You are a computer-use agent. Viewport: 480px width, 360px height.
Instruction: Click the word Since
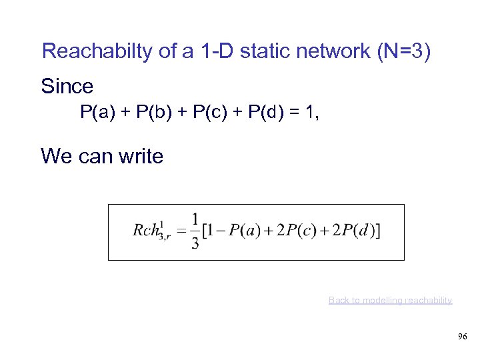coord(67,87)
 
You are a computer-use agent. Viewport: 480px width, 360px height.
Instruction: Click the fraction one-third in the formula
coord(195,231)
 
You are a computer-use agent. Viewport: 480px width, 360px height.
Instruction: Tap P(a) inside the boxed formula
coord(245,231)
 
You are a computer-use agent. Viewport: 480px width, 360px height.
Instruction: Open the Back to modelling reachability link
coord(390,301)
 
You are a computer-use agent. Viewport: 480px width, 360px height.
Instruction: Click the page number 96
coord(462,337)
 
